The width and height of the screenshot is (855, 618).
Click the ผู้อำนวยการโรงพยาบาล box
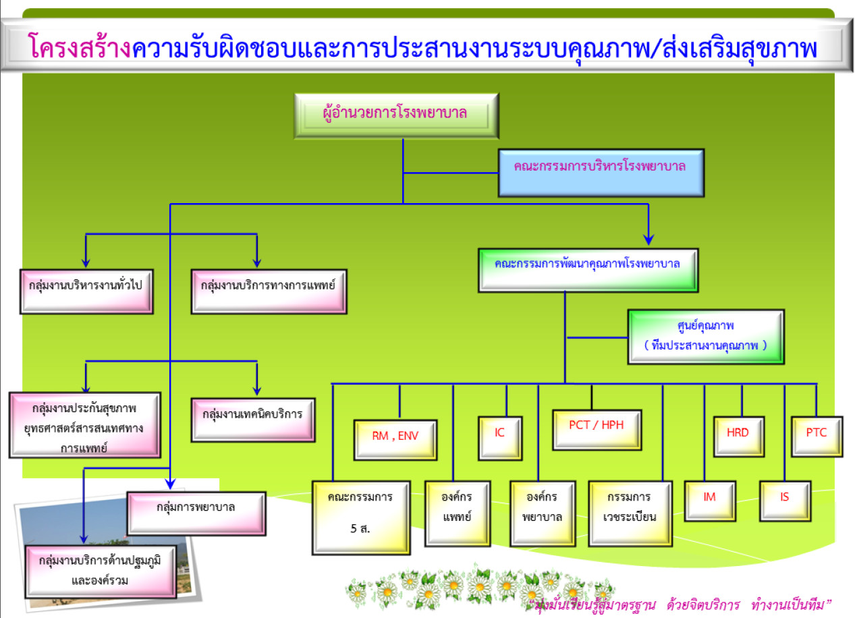point(396,115)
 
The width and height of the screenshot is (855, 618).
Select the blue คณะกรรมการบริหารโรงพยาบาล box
point(601,173)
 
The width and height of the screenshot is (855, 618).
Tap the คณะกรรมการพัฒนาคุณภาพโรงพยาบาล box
point(588,271)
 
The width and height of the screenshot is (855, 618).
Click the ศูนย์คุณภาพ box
point(706,337)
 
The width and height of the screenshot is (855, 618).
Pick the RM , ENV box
point(395,440)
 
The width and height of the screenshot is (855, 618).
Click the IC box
point(500,439)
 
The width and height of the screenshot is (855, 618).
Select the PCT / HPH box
point(597,430)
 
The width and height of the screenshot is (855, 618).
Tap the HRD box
point(739,437)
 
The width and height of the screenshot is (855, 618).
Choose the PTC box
point(817,437)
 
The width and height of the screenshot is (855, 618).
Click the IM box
point(710,501)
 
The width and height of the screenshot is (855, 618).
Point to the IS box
point(785,501)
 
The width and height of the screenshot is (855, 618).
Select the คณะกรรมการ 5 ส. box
point(361,517)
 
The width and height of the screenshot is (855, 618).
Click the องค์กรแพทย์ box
point(458,513)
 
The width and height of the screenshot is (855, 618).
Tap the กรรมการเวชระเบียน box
point(630,513)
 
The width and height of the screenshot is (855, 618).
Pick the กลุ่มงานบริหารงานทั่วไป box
point(86,291)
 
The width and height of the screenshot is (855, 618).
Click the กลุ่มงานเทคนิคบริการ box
point(253,420)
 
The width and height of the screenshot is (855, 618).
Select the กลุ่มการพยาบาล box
point(196,513)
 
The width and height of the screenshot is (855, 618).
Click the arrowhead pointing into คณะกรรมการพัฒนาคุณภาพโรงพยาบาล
point(649,240)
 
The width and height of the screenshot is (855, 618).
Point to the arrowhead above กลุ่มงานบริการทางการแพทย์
point(257,262)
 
